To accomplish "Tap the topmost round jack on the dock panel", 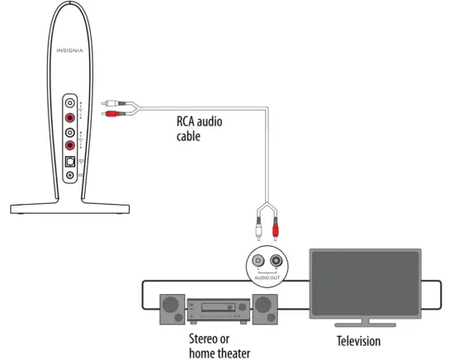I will coord(70,104).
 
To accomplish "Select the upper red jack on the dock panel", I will coord(70,118).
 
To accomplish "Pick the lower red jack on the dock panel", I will coord(70,146).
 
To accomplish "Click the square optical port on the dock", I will coord(70,161).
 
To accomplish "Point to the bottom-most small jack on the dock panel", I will coord(70,175).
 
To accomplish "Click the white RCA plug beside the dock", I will coord(111,104).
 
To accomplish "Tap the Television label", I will coord(358,341).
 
